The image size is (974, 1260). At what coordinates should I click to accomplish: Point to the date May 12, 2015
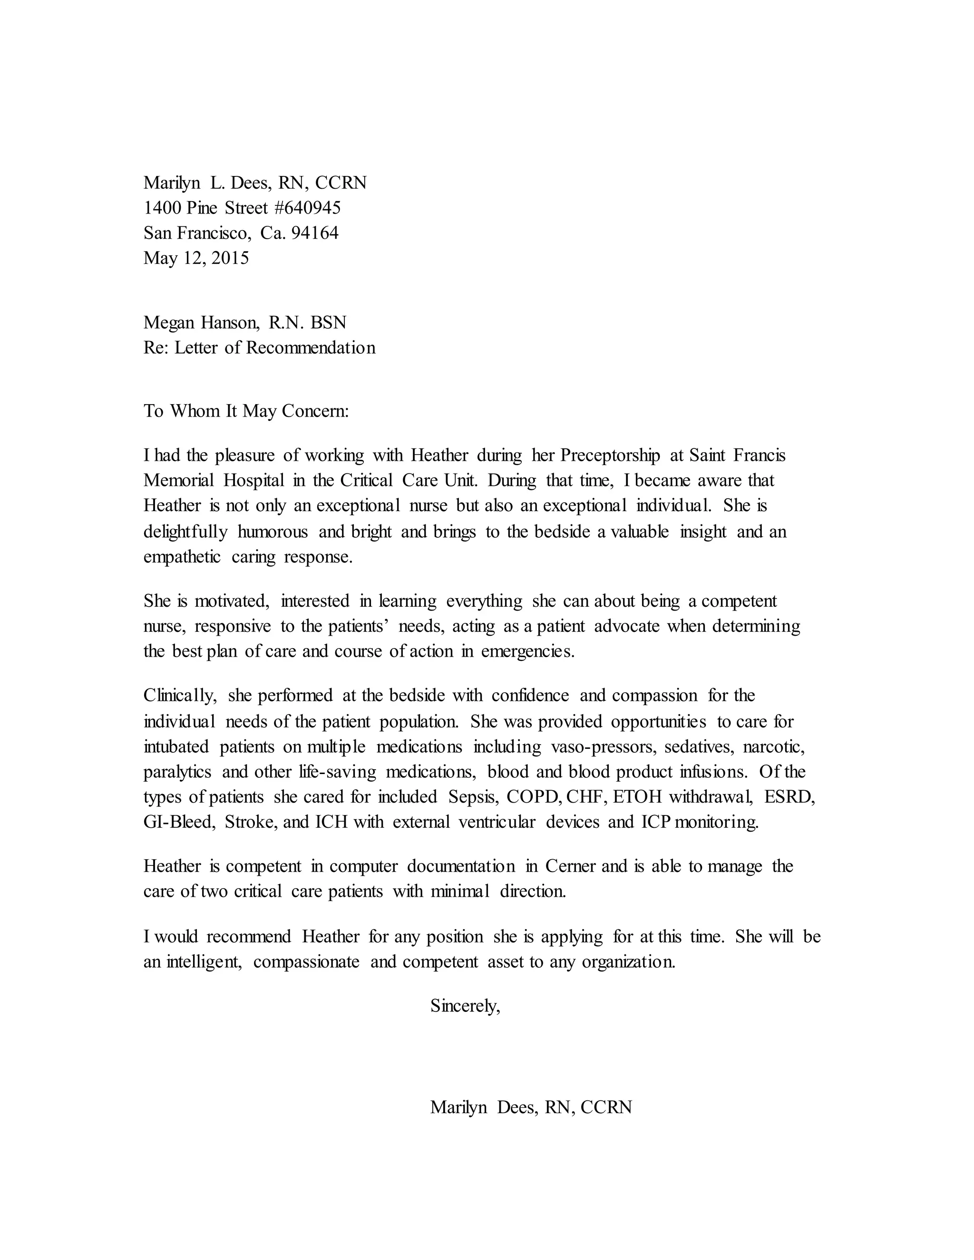pyautogui.click(x=196, y=257)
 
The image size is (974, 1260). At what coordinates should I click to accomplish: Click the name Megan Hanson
pyautogui.click(x=201, y=322)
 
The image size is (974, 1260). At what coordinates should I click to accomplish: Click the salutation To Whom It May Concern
pyautogui.click(x=246, y=411)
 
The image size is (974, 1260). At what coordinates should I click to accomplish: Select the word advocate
pyautogui.click(x=626, y=626)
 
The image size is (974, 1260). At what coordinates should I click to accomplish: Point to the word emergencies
pyautogui.click(x=527, y=651)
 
